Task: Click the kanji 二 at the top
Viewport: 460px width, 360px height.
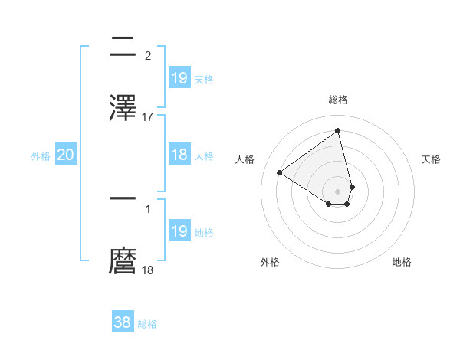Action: pos(123,46)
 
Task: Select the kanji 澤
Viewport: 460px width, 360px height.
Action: pos(123,107)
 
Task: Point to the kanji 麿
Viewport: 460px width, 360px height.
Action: pos(123,260)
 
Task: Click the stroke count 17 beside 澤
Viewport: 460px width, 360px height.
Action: pos(148,116)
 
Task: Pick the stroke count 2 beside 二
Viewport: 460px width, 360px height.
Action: pos(148,55)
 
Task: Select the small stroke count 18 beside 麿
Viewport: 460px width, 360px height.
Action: pos(148,270)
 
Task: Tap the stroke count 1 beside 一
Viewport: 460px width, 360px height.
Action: pos(148,208)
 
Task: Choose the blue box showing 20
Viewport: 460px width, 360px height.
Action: pos(66,155)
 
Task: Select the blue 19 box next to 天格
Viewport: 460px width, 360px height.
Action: pos(179,77)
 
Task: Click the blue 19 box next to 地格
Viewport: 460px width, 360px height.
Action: pos(179,231)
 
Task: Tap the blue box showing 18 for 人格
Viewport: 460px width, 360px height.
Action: pos(179,155)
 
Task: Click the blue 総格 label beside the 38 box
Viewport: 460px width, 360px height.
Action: pos(147,324)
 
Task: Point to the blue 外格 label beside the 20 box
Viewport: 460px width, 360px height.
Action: pos(41,156)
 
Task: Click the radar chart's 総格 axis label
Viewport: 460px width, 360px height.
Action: pos(338,100)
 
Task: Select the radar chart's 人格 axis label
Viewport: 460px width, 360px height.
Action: pos(245,159)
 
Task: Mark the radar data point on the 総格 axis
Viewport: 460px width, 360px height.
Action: pos(338,130)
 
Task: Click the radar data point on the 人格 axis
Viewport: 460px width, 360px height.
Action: pos(280,172)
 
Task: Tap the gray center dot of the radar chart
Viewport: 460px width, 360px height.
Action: pos(338,191)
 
